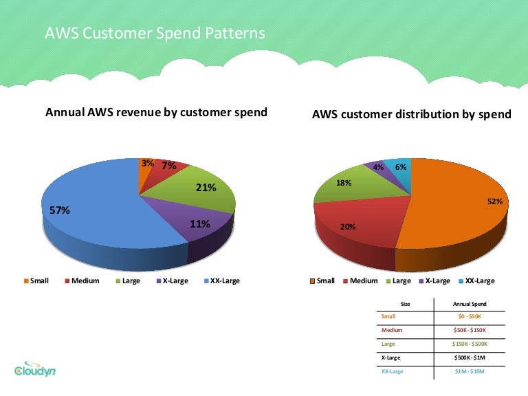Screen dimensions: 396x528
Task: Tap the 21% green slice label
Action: click(206, 188)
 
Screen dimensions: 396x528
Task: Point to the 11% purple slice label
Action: click(199, 223)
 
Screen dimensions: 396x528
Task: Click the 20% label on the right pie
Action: click(348, 226)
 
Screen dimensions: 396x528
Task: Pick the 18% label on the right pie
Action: click(344, 183)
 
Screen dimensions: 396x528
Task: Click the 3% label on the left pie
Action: click(148, 164)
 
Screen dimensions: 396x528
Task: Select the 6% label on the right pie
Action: click(401, 167)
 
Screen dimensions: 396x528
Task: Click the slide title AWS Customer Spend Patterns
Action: click(155, 33)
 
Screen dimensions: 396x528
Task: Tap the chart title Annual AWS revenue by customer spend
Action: click(156, 112)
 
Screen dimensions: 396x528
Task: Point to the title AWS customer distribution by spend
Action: click(412, 114)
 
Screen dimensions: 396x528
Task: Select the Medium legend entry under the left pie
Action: click(82, 281)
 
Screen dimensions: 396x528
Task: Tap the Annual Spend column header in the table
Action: click(470, 302)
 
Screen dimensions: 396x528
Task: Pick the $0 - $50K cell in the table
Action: click(470, 316)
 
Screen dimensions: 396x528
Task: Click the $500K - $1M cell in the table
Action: click(470, 358)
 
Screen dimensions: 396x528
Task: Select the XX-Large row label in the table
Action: click(393, 372)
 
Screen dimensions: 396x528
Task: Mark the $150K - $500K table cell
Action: click(470, 344)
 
